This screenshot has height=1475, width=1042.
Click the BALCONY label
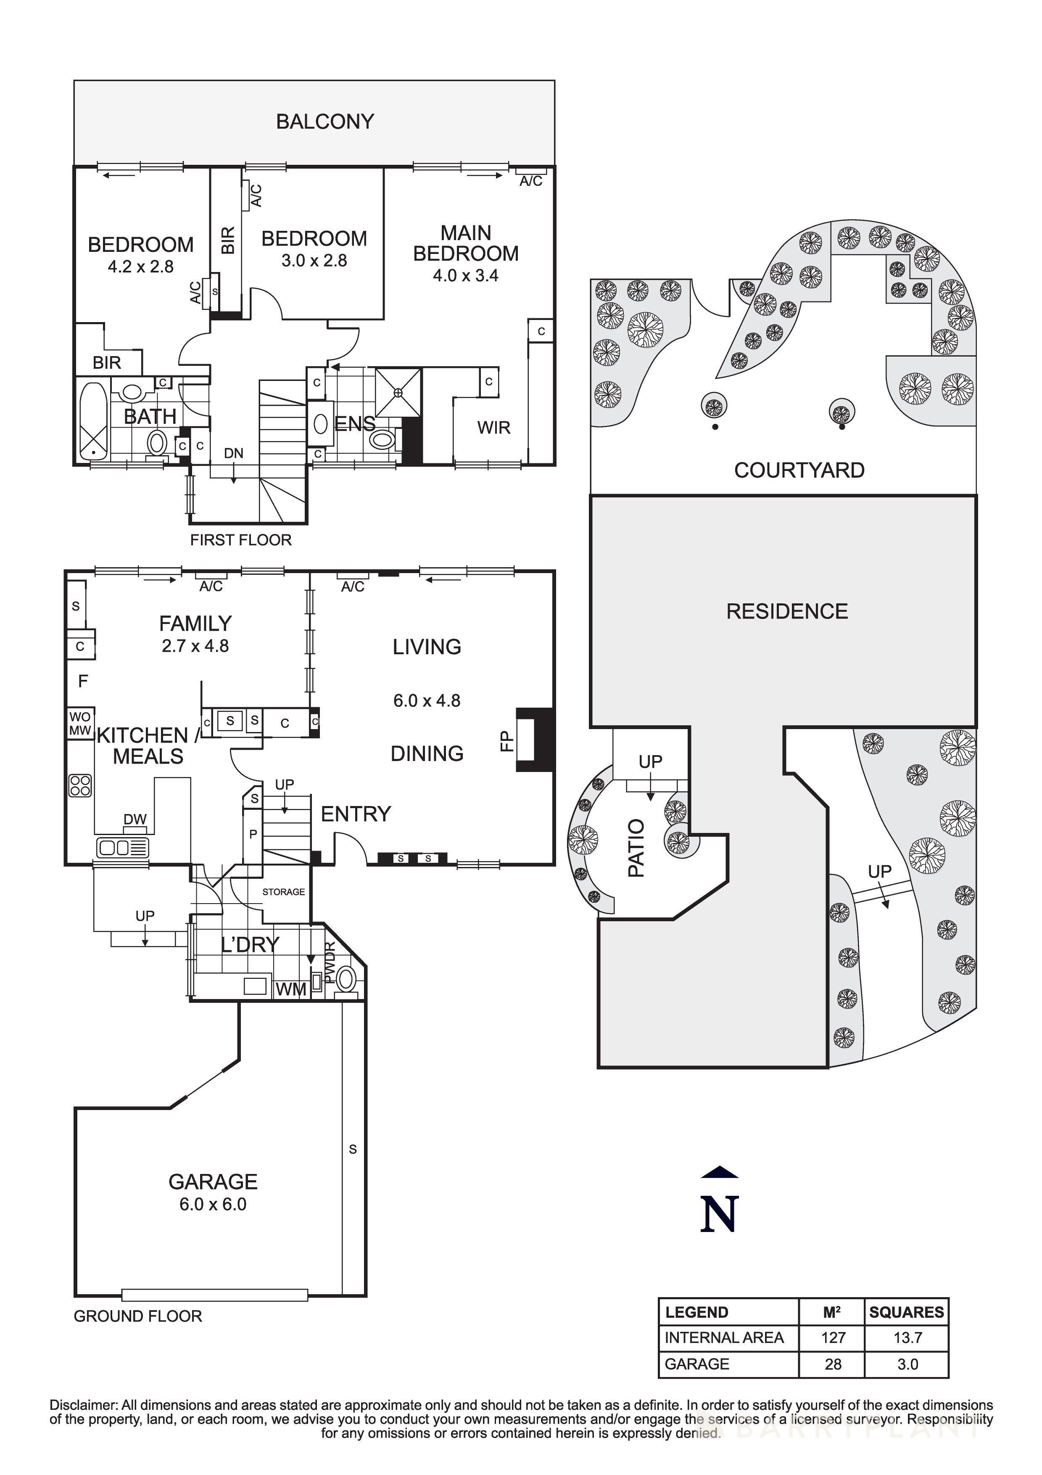[x=325, y=122]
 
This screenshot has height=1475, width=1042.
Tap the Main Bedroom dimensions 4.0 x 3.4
[x=465, y=275]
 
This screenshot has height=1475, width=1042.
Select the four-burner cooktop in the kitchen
[x=80, y=785]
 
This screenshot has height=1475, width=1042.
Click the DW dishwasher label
[x=135, y=819]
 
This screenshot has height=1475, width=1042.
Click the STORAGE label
[x=283, y=892]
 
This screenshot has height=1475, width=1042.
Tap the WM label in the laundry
[x=291, y=990]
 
